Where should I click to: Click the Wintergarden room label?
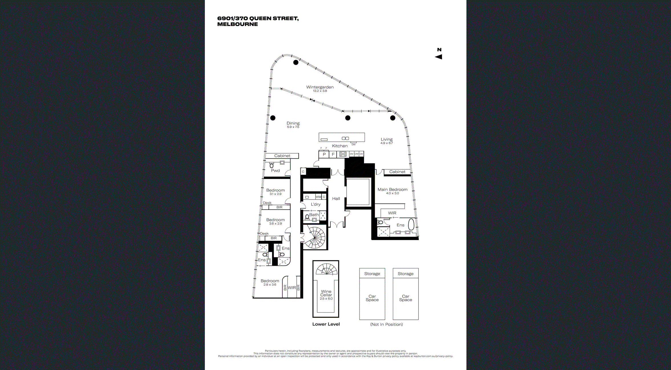(320, 87)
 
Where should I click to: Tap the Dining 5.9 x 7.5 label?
(293, 125)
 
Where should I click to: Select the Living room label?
(387, 140)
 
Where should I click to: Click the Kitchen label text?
(339, 146)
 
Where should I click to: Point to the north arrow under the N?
(438, 57)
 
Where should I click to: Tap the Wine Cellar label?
(326, 293)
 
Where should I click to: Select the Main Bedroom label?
(392, 190)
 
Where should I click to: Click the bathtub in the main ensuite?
(411, 224)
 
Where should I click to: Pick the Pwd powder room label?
(275, 171)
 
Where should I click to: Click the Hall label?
(336, 199)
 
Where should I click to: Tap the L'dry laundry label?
(316, 204)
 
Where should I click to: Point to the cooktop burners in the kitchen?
(343, 154)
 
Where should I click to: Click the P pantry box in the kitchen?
(324, 154)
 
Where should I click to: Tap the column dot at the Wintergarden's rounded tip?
(296, 62)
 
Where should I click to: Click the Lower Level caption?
(326, 324)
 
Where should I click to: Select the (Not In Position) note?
(386, 325)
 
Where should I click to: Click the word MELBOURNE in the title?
(237, 24)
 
